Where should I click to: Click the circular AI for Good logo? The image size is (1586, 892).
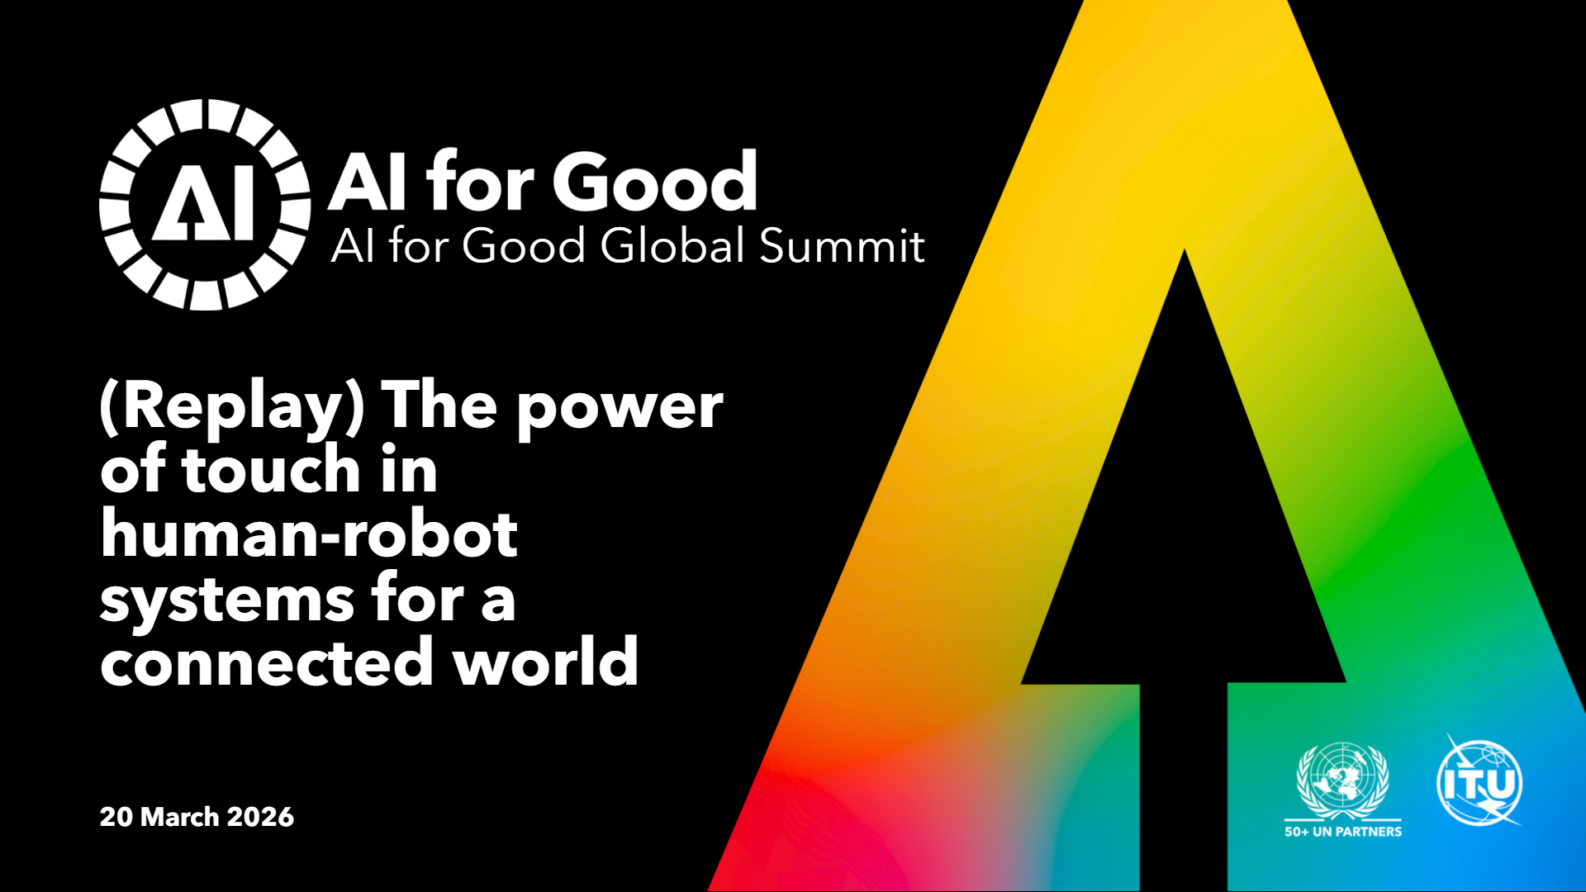205,205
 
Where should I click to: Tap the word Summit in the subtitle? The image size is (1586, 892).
842,245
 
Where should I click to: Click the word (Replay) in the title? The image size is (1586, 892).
232,407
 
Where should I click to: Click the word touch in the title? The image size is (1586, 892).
271,469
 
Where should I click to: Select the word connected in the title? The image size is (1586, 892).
267,663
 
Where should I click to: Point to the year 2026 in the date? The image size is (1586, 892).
260,817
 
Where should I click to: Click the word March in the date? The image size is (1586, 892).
179,817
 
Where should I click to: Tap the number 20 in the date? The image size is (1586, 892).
116,817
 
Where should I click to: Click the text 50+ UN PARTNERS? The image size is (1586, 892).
1343,832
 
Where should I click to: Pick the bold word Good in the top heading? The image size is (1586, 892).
655,181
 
